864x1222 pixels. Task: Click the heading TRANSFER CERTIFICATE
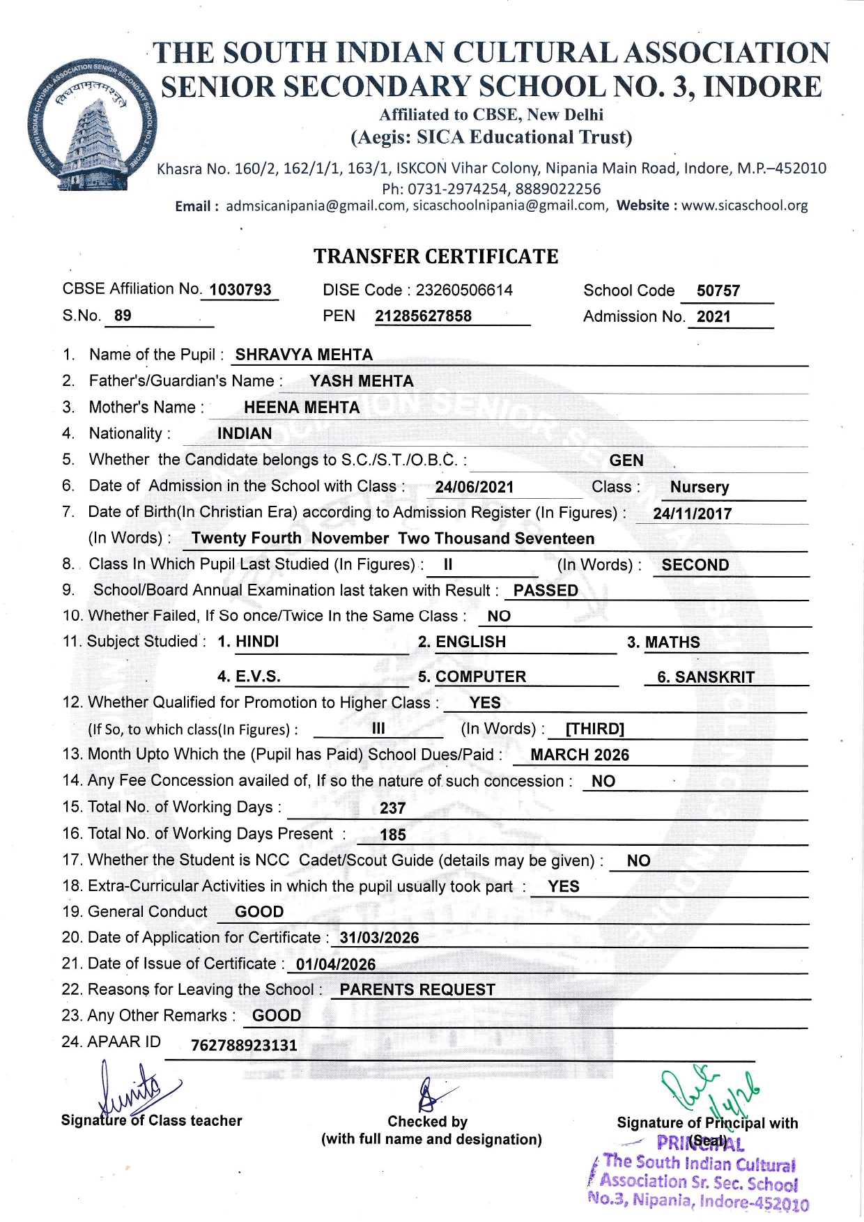coord(435,256)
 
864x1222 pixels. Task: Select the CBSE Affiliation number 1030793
coord(240,290)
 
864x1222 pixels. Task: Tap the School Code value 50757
coord(718,291)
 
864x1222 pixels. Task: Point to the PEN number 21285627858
coord(423,316)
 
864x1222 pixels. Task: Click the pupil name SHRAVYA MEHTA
coord(304,355)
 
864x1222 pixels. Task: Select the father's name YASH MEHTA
coord(362,381)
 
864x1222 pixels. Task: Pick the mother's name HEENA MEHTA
coord(302,408)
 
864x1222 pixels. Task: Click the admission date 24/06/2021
coord(474,487)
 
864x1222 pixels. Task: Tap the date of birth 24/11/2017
coord(692,514)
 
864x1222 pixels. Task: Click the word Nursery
coord(700,487)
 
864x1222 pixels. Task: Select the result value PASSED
coord(546,591)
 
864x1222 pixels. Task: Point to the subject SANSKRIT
coord(715,677)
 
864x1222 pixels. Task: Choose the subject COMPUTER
coord(481,677)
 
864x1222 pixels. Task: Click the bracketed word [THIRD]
coord(594,729)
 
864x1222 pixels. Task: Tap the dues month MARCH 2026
coord(580,755)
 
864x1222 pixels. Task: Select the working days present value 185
coord(393,835)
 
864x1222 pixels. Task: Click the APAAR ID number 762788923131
coord(244,1046)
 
